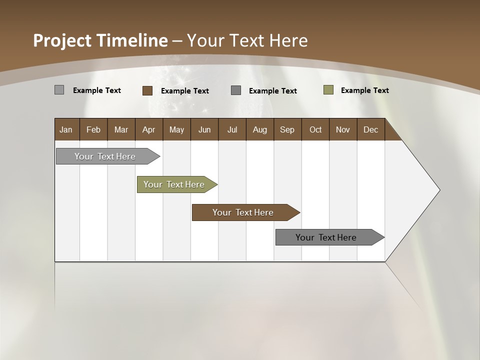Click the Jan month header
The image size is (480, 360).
point(66,129)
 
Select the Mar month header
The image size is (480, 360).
point(121,129)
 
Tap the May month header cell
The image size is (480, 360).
point(176,129)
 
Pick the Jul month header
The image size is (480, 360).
point(232,129)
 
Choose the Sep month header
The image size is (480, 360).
point(287,129)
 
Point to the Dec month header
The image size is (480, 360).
point(370,129)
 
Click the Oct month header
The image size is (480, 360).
point(315,129)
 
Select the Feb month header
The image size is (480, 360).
point(93,129)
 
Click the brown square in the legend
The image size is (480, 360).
point(147,90)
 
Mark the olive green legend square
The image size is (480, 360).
point(328,90)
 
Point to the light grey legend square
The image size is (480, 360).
point(59,90)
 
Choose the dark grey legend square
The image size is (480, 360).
point(236,90)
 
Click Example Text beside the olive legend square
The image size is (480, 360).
point(364,90)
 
